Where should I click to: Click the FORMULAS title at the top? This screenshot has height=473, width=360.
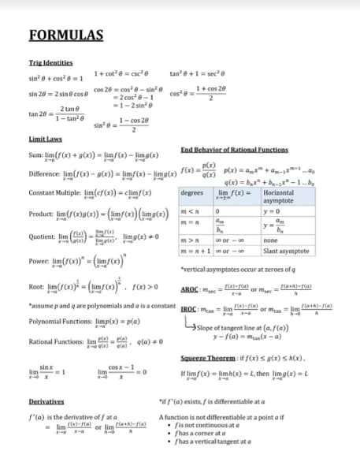pyautogui.click(x=66, y=35)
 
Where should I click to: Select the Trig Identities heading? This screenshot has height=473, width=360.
pyautogui.click(x=50, y=62)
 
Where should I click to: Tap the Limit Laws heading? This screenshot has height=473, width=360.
pyautogui.click(x=46, y=138)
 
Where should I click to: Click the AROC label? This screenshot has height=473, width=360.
pyautogui.click(x=190, y=289)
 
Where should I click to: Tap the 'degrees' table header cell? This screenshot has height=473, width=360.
pyautogui.click(x=192, y=193)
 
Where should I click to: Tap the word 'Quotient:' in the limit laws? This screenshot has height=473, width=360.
pyautogui.click(x=43, y=238)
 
